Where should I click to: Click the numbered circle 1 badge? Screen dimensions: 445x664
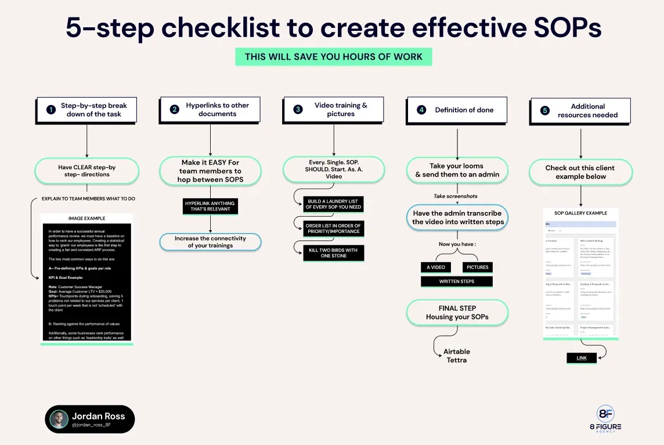[50, 109]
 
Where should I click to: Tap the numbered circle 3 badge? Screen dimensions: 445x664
[298, 109]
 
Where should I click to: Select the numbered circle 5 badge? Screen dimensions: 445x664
[544, 110]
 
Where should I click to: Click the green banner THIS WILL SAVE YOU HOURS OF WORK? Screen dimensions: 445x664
[333, 57]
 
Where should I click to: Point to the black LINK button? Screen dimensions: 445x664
[582, 358]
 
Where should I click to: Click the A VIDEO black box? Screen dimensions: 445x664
[435, 267]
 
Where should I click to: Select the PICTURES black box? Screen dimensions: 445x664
[477, 267]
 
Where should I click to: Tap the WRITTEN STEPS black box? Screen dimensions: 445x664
[456, 282]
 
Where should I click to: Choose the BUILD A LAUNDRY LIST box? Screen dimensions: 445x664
[334, 204]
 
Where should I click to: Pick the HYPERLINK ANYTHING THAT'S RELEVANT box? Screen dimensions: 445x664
[210, 206]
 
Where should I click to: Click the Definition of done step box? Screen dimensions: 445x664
[458, 110]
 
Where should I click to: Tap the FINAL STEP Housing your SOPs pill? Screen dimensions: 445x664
[457, 313]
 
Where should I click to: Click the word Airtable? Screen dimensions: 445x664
[457, 351]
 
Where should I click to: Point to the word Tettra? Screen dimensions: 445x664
[457, 360]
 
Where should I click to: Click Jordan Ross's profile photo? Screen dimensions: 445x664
[59, 419]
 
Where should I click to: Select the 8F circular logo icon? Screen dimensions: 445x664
[605, 414]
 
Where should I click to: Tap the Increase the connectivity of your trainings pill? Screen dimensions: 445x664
[210, 242]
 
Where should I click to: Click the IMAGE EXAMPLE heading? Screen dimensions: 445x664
[87, 219]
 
